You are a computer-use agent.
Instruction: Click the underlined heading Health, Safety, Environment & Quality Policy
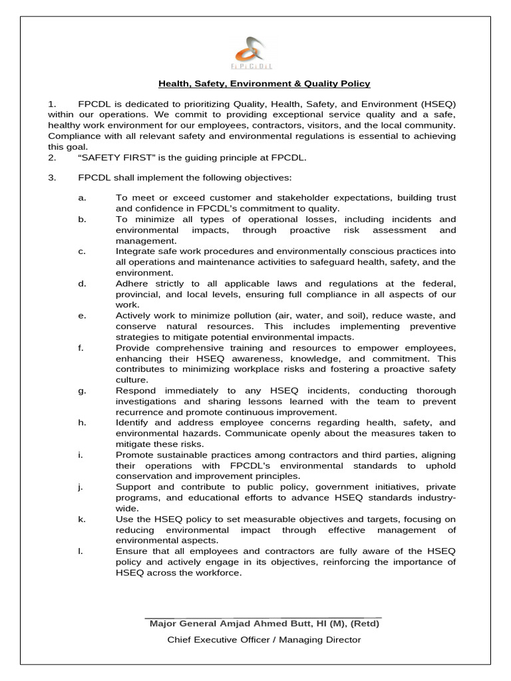coord(263,84)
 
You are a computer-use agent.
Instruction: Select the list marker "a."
coord(82,198)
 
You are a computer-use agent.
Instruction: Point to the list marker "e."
coord(82,315)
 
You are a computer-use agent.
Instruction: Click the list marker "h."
coord(82,422)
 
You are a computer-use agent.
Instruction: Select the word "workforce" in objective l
coord(217,573)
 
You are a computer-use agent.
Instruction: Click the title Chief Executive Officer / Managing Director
coord(263,640)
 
